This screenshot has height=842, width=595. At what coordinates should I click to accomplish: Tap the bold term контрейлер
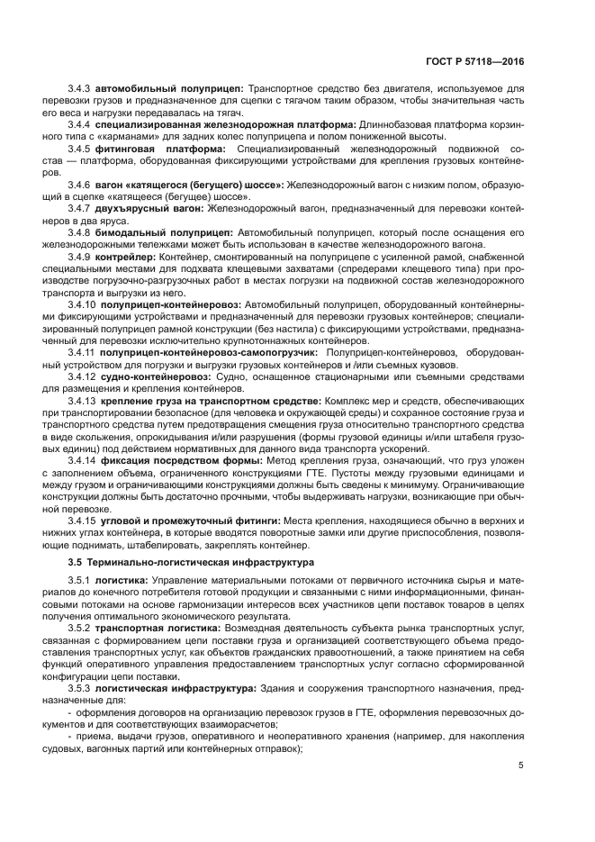click(x=127, y=257)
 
